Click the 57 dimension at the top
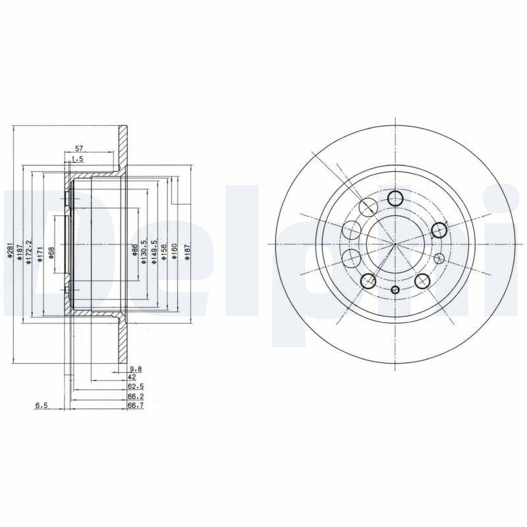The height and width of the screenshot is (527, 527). pos(78,150)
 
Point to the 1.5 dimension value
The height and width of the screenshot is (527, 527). pos(78,159)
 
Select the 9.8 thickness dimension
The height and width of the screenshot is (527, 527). pos(136,368)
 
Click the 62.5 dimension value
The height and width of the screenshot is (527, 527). pos(136,387)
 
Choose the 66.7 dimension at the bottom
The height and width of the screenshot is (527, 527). pos(136,406)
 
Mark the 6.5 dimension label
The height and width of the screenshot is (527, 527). pos(41,406)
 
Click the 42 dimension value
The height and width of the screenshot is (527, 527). pos(132,377)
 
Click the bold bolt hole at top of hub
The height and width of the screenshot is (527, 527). pos(395,198)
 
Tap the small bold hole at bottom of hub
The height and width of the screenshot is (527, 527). pos(395,291)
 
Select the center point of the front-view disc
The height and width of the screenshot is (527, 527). pos(395,244)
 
